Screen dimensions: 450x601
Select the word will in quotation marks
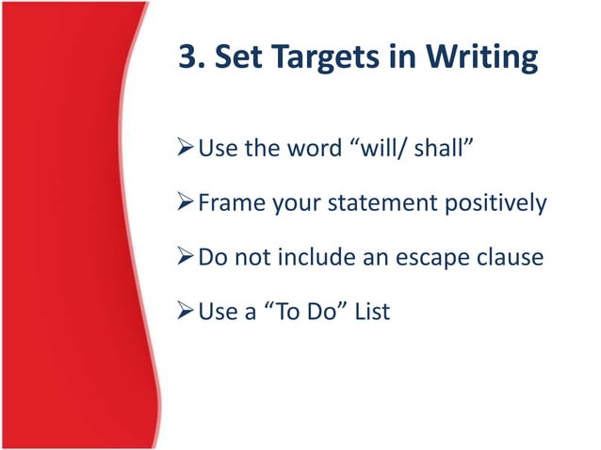coord(383,148)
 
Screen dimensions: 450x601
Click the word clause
coord(512,256)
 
